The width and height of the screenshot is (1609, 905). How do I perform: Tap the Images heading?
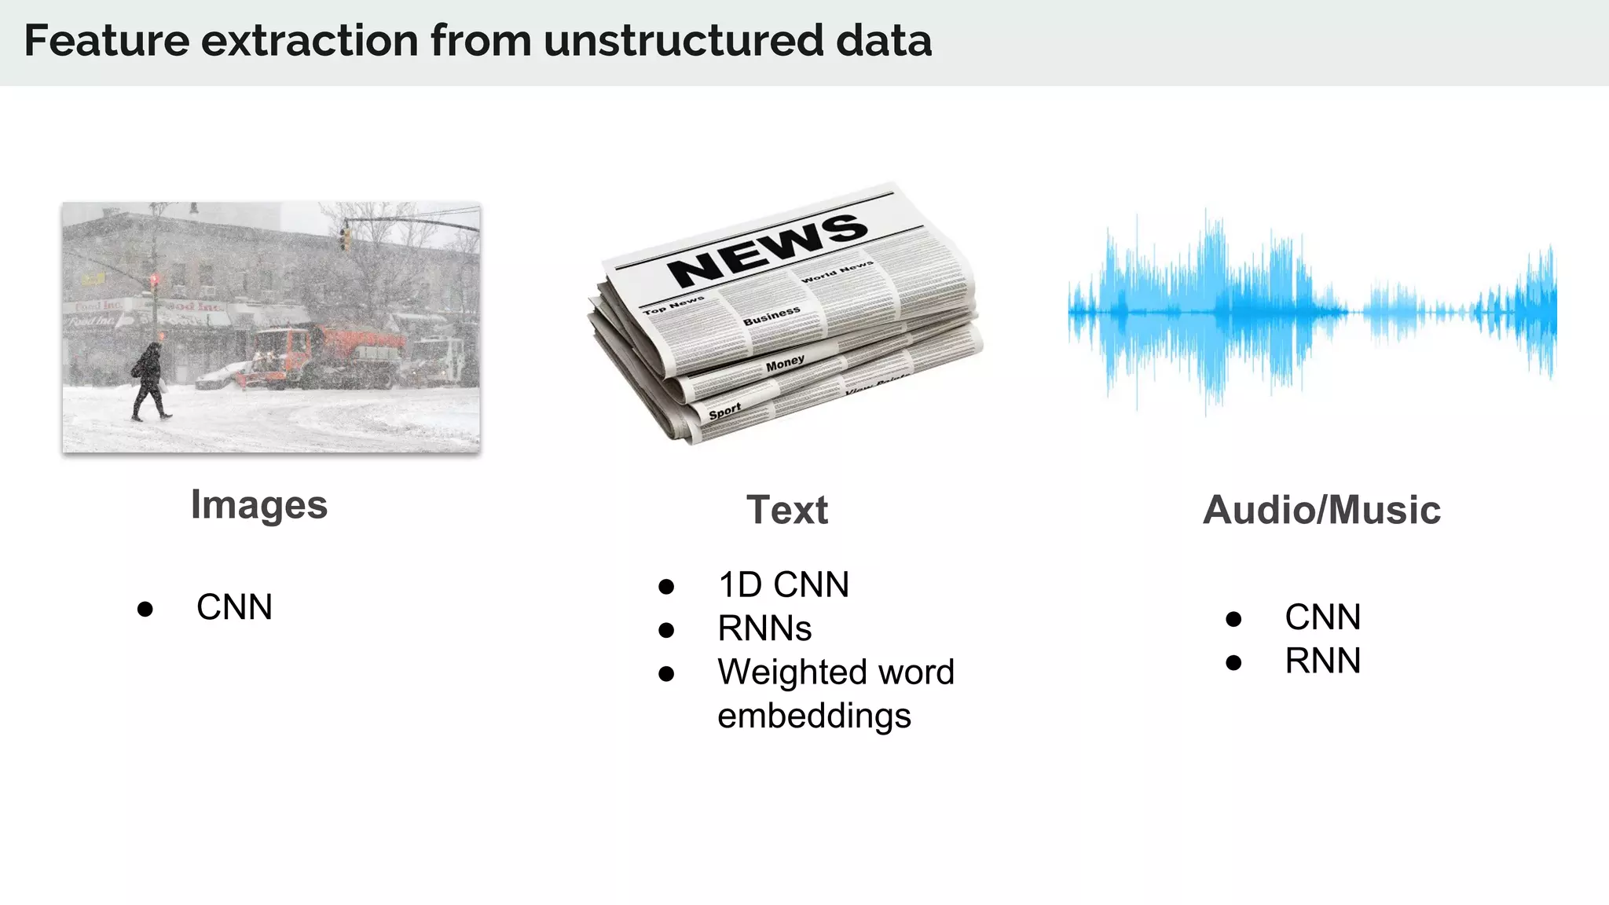coord(258,504)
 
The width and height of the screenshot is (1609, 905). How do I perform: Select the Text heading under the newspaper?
coord(786,510)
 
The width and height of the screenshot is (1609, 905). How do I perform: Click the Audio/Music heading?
coord(1321,510)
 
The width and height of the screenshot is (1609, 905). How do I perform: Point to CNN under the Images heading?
coord(234,607)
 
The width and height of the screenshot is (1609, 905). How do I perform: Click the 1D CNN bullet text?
coord(783,585)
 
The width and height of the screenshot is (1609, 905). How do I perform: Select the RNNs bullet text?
coord(764,628)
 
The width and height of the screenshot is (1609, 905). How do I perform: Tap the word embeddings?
coord(814,716)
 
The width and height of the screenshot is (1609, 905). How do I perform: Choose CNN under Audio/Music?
coord(1322,617)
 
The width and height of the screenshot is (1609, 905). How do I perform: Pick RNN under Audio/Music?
coord(1322,661)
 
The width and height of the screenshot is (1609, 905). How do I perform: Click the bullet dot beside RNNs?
coord(666,630)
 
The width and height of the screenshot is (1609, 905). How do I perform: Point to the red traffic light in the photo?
coord(154,280)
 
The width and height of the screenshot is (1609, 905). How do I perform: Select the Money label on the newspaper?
coord(785,362)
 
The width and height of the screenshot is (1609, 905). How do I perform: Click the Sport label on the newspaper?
coord(724,411)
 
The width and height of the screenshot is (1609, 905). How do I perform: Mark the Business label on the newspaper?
coord(772,316)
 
